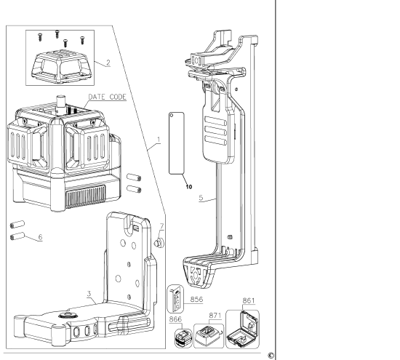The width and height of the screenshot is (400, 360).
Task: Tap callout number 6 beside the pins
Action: (x=41, y=237)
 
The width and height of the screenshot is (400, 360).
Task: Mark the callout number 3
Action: (x=88, y=295)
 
